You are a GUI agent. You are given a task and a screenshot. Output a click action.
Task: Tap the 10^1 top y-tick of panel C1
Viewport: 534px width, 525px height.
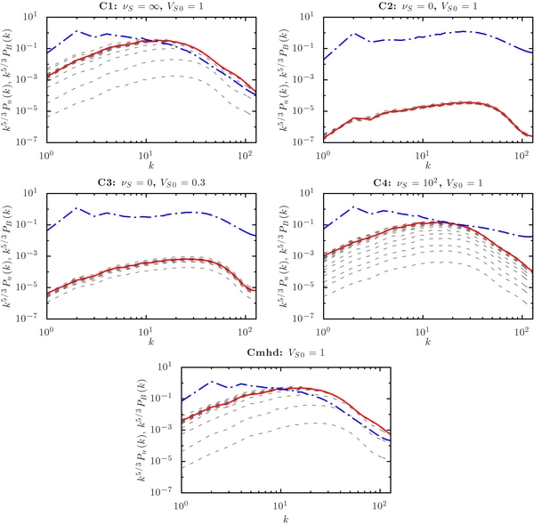click(29, 17)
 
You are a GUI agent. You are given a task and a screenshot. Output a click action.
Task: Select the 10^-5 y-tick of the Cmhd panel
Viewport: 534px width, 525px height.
click(162, 459)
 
